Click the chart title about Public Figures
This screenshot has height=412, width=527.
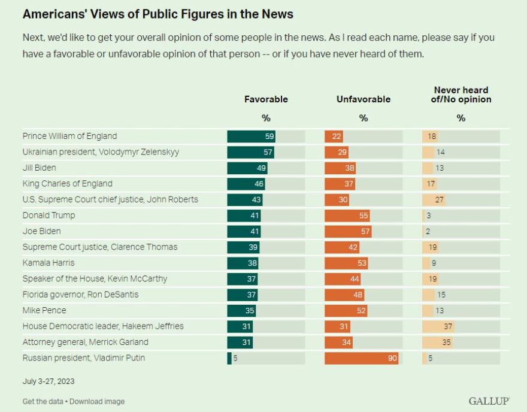tap(158, 14)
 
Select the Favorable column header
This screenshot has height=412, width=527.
tap(266, 99)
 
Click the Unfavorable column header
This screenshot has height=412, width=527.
tap(363, 99)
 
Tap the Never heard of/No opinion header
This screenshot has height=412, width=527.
tap(461, 95)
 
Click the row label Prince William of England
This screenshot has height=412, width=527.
tap(69, 136)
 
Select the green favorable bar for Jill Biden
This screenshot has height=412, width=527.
tap(247, 168)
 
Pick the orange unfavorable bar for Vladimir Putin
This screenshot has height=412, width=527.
tap(362, 358)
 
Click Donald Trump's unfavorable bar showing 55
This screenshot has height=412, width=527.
tap(347, 216)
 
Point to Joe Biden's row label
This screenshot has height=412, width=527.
tap(41, 231)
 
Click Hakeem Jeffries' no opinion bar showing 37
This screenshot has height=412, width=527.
tap(438, 326)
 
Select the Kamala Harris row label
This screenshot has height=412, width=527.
tap(49, 263)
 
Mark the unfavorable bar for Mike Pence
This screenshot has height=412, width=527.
tap(346, 310)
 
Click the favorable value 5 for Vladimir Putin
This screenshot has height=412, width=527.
tap(236, 358)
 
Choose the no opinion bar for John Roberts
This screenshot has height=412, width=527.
tap(434, 199)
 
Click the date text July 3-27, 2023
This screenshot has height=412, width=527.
tap(49, 381)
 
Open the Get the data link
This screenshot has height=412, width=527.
tap(42, 401)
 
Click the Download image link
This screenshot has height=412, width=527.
tap(97, 401)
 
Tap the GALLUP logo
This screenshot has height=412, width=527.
tap(489, 401)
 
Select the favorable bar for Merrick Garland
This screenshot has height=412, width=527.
tap(240, 342)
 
